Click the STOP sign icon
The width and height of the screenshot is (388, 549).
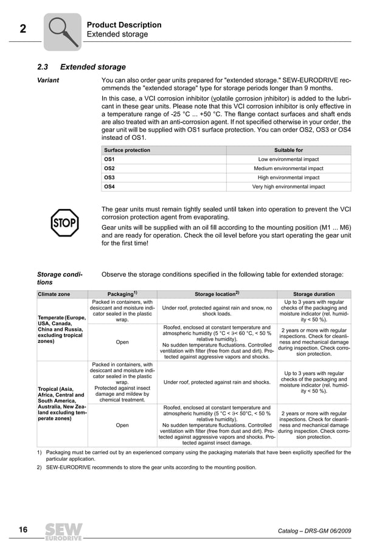[64, 223]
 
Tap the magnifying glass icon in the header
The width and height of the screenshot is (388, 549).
[63, 30]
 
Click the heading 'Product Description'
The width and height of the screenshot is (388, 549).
[124, 25]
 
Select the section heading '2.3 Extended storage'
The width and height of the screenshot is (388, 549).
[81, 67]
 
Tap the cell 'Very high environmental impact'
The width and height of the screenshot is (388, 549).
[288, 187]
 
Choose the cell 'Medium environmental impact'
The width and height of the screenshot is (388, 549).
[288, 168]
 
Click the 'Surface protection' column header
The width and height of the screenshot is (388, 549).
[127, 150]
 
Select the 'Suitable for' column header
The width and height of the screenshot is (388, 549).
[288, 150]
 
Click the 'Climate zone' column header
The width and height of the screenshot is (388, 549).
[54, 294]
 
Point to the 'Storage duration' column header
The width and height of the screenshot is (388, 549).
[314, 294]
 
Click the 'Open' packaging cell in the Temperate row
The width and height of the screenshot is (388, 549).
[122, 342]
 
